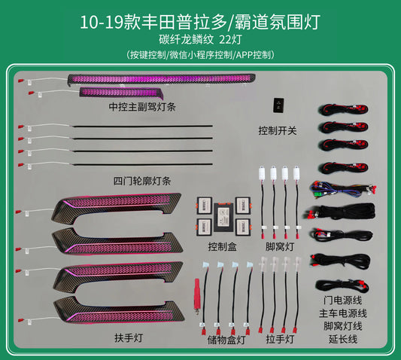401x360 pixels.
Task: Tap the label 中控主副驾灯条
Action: click(142, 107)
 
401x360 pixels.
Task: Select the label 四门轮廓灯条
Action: click(142, 181)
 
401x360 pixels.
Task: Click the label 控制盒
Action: click(223, 247)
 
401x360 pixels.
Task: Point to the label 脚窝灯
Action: click(280, 247)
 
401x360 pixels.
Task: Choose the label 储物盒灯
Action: click(226, 340)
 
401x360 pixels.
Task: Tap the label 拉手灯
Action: click(280, 339)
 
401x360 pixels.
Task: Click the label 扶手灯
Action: click(129, 337)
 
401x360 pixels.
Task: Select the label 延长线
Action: click(343, 339)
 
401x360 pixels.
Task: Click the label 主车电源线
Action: click(343, 313)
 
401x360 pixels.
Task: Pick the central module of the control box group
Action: click(223, 217)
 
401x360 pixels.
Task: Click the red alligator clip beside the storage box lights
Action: click(197, 295)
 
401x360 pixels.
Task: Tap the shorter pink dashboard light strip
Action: click(121, 92)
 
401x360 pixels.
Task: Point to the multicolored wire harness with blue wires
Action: click(342, 190)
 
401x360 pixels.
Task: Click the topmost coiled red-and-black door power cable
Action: click(344, 108)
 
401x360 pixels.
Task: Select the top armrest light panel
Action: click(117, 208)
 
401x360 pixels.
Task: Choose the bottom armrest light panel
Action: click(119, 310)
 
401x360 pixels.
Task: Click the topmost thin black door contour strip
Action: click(143, 126)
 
